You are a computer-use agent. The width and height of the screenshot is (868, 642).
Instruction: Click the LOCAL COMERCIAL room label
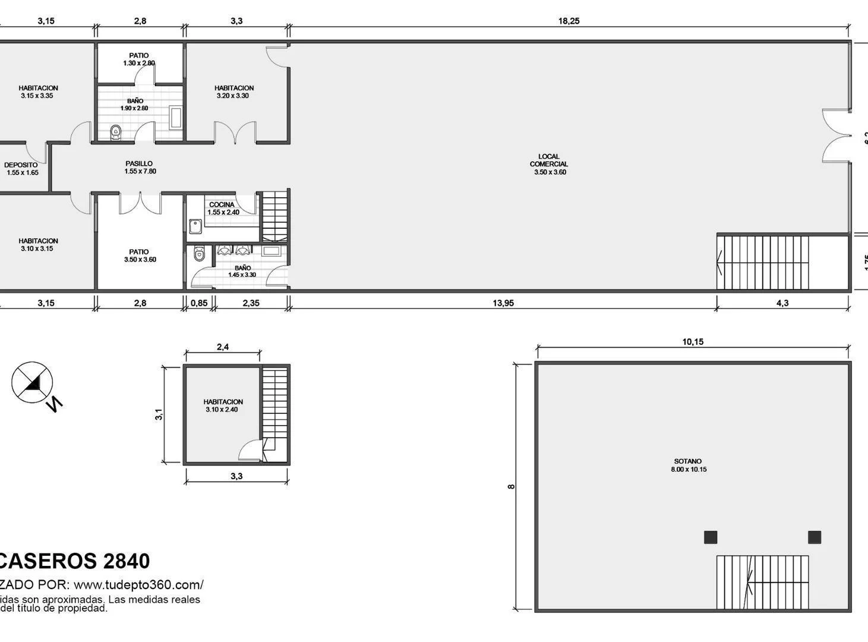point(549,165)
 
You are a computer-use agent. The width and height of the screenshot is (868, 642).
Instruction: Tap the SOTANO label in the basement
point(688,465)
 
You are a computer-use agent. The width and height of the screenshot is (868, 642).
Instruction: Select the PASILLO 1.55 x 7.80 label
point(140,168)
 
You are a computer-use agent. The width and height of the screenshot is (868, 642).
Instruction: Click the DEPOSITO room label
point(21,169)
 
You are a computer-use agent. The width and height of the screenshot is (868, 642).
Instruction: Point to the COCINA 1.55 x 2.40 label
point(223,208)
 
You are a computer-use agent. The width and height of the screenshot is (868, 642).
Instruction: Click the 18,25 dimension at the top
point(569,21)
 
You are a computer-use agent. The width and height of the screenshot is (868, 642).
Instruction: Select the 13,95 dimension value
point(503,303)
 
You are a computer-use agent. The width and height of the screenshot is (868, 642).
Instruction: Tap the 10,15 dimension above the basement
point(693,342)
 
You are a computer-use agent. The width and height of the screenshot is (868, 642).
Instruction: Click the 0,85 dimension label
point(199,303)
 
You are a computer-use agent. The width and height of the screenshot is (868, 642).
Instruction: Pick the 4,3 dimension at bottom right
point(782,303)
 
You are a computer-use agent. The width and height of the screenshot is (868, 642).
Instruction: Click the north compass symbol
point(33,382)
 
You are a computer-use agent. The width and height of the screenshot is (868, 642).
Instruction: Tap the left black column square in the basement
point(711,537)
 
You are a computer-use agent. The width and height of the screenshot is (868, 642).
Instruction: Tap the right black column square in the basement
point(815,537)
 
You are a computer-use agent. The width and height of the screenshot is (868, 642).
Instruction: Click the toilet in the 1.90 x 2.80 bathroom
point(116,133)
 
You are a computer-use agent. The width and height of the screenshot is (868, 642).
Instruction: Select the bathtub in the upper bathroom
point(176,118)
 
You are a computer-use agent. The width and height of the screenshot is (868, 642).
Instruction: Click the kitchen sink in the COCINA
point(195,226)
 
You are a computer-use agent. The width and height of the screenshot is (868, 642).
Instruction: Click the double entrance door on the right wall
point(838,136)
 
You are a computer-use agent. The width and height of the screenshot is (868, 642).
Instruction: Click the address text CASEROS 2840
point(74,561)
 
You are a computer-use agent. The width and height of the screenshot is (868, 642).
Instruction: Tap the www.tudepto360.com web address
point(138,584)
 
